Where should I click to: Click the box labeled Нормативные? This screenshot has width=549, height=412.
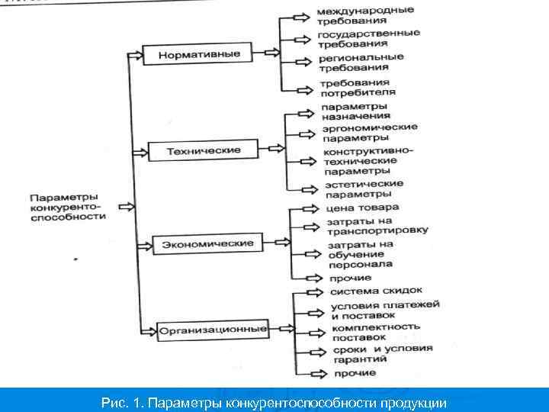click(x=200, y=54)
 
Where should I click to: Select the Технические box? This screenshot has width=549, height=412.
click(x=204, y=150)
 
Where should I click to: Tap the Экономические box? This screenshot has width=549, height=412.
click(x=207, y=243)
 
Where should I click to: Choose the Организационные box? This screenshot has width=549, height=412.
click(x=213, y=330)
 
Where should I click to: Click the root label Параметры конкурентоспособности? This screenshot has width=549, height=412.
click(x=68, y=206)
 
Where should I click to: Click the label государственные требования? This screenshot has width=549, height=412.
click(x=368, y=38)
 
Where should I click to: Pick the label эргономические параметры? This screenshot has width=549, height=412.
click(x=369, y=132)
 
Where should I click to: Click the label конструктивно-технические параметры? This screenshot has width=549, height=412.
click(x=369, y=160)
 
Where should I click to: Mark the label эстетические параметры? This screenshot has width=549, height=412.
click(x=364, y=188)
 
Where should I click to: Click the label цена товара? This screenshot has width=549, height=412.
click(x=361, y=208)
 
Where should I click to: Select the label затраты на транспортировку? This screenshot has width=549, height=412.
click(x=377, y=225)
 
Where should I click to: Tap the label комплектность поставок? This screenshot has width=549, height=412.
click(x=375, y=331)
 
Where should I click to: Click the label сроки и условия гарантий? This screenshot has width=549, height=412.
click(x=382, y=353)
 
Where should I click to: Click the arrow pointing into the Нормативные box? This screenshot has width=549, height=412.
click(x=135, y=55)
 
